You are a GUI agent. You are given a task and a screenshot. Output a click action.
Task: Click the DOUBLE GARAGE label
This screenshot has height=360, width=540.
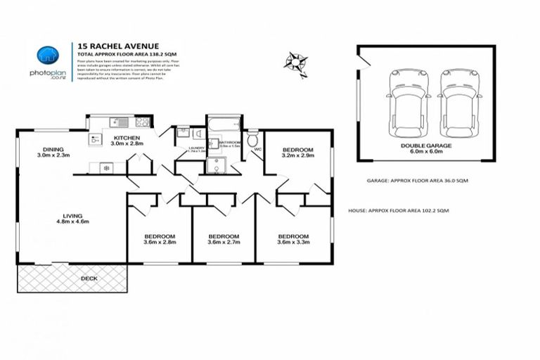tap(426, 146)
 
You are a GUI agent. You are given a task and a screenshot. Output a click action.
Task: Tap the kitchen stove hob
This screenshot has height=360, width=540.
tap(142, 122)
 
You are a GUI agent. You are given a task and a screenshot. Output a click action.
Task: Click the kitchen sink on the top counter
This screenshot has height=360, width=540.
tap(117, 121)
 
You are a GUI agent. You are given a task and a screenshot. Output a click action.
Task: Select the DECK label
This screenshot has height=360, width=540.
tap(89, 278)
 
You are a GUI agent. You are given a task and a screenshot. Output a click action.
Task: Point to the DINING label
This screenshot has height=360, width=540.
tap(53, 149)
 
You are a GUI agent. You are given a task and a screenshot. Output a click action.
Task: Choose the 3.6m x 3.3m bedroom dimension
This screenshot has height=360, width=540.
tap(293, 243)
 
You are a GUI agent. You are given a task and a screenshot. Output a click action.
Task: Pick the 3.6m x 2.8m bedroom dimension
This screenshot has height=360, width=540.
tap(160, 243)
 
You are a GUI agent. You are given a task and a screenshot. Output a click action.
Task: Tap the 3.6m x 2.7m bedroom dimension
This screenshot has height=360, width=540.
tap(224, 243)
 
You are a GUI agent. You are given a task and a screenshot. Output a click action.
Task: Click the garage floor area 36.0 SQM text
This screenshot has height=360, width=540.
tap(418, 181)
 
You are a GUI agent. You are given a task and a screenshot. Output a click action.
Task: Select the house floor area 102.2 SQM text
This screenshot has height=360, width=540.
tap(398, 210)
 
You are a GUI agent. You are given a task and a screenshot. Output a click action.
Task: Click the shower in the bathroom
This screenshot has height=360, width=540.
tap(217, 165)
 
